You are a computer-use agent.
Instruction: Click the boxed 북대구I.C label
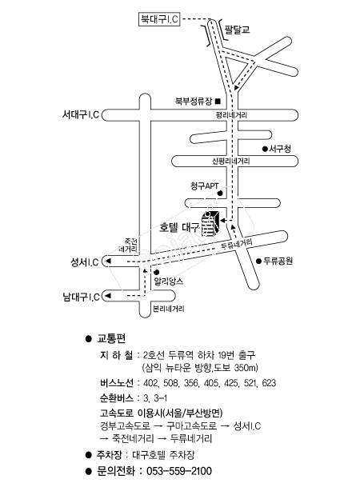(x=159, y=19)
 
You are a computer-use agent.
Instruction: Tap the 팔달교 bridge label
(x=237, y=30)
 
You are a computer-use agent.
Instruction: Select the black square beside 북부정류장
(x=218, y=101)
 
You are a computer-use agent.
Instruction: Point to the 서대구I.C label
(x=81, y=114)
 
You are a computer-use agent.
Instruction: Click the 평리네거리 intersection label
(x=231, y=115)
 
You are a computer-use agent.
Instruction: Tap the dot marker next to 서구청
(x=265, y=149)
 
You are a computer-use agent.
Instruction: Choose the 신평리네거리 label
(x=231, y=162)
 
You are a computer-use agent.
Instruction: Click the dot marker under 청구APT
(x=220, y=194)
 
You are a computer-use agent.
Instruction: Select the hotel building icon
(x=210, y=224)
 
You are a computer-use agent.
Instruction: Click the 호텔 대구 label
(x=179, y=228)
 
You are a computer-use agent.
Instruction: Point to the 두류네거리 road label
(x=237, y=244)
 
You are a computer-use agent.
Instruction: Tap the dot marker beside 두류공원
(x=258, y=261)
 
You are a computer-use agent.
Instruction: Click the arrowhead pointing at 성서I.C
(x=109, y=261)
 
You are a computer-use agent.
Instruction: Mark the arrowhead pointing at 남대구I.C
(x=108, y=296)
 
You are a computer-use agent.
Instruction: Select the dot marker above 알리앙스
(x=157, y=273)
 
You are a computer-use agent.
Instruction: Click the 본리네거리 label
(x=169, y=309)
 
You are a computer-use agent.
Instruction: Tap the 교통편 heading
(x=111, y=338)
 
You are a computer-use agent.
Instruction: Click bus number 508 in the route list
(x=170, y=383)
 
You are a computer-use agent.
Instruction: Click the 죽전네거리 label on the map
(x=129, y=245)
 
